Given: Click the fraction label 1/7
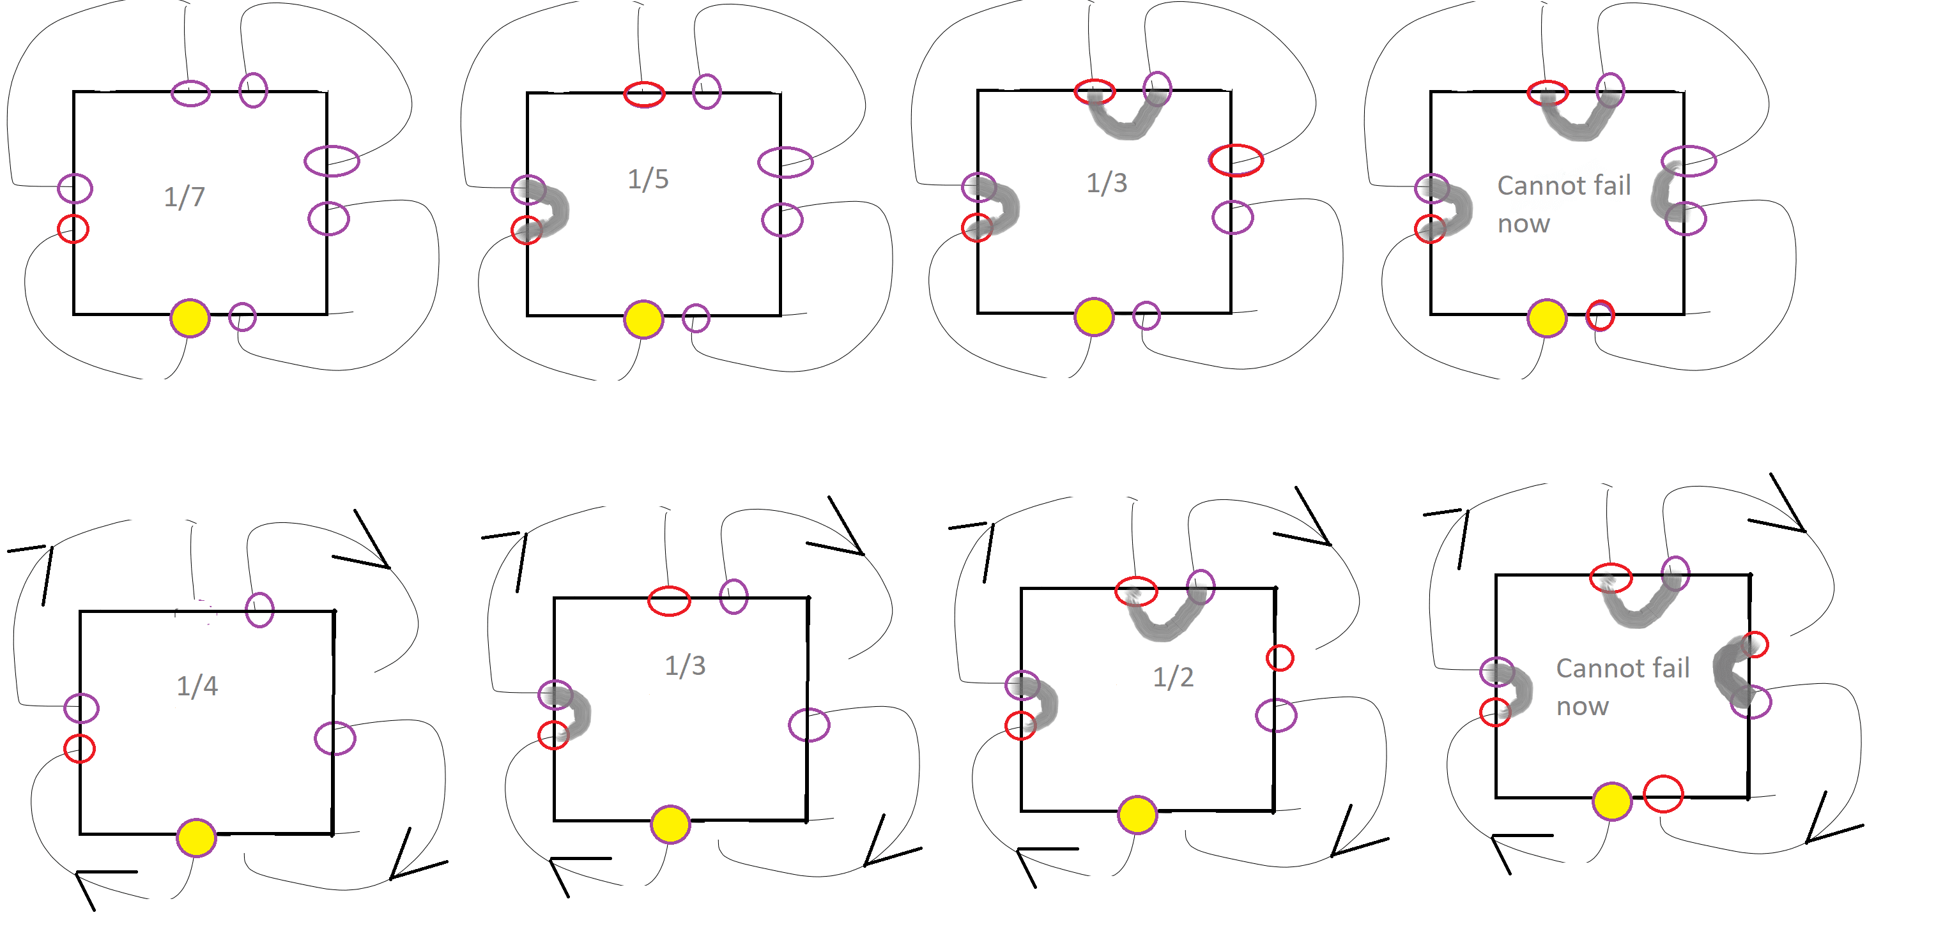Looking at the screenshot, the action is [x=184, y=197].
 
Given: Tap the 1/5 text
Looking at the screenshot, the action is [x=648, y=179].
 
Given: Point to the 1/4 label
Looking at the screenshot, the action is [x=197, y=685].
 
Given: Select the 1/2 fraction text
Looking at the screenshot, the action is [x=1173, y=677].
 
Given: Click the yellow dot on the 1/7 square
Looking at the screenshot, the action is [x=190, y=318].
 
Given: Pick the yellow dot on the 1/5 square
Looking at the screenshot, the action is [x=643, y=319].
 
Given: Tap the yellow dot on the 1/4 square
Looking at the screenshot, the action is [x=196, y=838].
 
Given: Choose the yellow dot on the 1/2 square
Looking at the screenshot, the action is [x=1137, y=815].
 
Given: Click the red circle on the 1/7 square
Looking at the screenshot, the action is [x=73, y=229].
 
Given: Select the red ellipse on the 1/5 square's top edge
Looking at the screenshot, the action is [x=644, y=94].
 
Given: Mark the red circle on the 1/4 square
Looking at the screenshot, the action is [x=80, y=748].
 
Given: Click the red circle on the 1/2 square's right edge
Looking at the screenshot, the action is [x=1279, y=658].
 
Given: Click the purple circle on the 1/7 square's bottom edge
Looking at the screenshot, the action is [x=242, y=317].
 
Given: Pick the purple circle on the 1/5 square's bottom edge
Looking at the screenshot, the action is [x=696, y=318].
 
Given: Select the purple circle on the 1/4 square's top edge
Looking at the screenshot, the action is [x=259, y=609].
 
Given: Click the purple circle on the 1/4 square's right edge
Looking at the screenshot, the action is [x=334, y=738].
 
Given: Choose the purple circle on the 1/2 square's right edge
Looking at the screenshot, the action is [x=1276, y=715].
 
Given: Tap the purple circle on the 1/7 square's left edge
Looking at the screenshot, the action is [x=75, y=188].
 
